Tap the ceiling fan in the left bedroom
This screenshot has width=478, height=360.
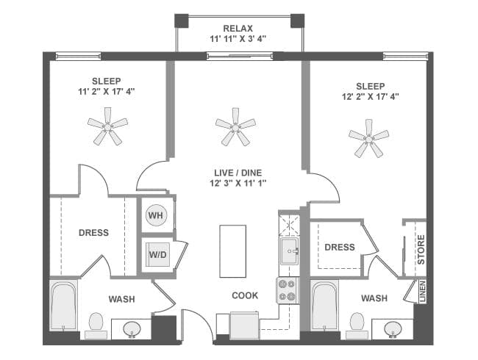tap(107, 126)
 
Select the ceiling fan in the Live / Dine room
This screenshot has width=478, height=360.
tap(235, 127)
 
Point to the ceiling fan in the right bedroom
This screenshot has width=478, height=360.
tap(368, 137)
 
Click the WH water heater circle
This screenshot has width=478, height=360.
tap(156, 215)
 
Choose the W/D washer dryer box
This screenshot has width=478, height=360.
tap(157, 254)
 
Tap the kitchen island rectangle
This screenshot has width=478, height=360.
tap(232, 251)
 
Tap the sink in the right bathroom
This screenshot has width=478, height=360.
tap(393, 328)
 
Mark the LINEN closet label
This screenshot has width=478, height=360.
tap(422, 292)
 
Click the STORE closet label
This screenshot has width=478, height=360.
tap(421, 248)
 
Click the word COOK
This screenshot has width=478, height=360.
tap(245, 295)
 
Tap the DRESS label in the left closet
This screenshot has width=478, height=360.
tap(93, 233)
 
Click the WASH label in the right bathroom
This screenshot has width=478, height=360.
tap(375, 298)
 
